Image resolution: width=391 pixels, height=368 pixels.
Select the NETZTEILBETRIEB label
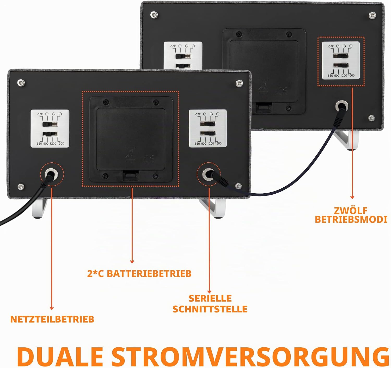click(x=52, y=319)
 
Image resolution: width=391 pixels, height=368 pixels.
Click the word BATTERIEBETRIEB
click(x=149, y=274)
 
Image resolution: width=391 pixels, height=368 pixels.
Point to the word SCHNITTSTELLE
click(x=210, y=309)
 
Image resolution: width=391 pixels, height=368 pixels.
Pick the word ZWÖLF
click(x=351, y=211)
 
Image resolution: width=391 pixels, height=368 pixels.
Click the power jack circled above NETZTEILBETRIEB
click(x=51, y=174)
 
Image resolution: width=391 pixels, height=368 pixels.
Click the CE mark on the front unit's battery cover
click(x=149, y=159)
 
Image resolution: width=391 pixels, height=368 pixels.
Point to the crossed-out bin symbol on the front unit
click(x=130, y=155)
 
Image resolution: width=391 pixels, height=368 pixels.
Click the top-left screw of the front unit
click(x=21, y=83)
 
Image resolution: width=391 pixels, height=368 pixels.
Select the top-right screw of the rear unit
click(x=372, y=15)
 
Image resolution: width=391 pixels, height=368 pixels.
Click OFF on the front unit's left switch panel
click(x=40, y=114)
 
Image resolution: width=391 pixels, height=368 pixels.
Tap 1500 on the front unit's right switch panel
click(x=218, y=144)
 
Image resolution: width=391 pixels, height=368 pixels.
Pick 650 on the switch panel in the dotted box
click(x=330, y=76)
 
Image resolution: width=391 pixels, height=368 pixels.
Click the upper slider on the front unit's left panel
click(x=50, y=124)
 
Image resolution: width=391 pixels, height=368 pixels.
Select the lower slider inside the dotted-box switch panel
click(x=341, y=65)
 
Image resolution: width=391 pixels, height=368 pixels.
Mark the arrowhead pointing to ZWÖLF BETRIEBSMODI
click(x=352, y=197)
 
